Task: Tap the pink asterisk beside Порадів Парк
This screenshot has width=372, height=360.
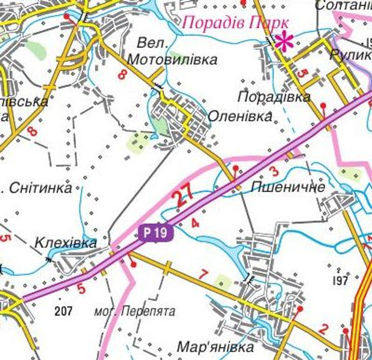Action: tap(283, 40)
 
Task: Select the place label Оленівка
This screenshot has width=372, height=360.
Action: tap(240, 116)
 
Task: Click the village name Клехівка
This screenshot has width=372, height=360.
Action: tap(66, 244)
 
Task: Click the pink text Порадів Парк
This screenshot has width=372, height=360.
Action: tap(230, 23)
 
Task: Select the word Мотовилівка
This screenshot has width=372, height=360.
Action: tap(172, 60)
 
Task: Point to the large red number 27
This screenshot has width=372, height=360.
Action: tap(185, 195)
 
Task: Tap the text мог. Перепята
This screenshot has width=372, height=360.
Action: tap(135, 312)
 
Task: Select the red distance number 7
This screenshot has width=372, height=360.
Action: tap(203, 275)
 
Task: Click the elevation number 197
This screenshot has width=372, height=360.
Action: tap(340, 280)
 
